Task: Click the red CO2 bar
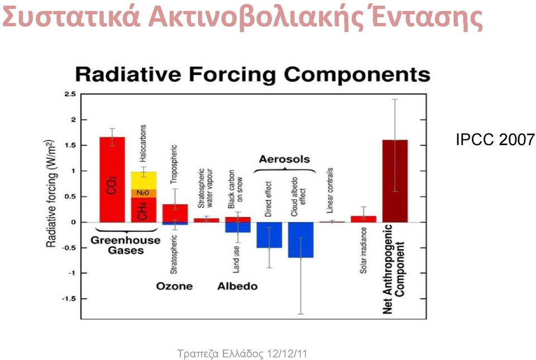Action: point(112,180)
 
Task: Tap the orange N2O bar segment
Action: point(143,193)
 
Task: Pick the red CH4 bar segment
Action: point(143,210)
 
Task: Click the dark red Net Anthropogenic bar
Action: point(395,181)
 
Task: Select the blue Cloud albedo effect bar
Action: point(301,240)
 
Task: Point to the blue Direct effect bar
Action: point(269,235)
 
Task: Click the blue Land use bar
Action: point(238,228)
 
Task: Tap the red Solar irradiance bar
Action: point(363,219)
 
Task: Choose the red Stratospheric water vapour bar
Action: point(207,220)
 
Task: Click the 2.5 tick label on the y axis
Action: point(70,94)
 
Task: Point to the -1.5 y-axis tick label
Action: point(69,299)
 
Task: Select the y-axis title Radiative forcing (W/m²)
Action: point(51,193)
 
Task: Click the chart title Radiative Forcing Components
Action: point(252,74)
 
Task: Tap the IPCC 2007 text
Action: point(495,140)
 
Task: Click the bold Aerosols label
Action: point(284,159)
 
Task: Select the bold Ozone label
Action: point(174,286)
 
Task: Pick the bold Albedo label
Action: point(238,286)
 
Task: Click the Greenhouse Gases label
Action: point(126,245)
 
